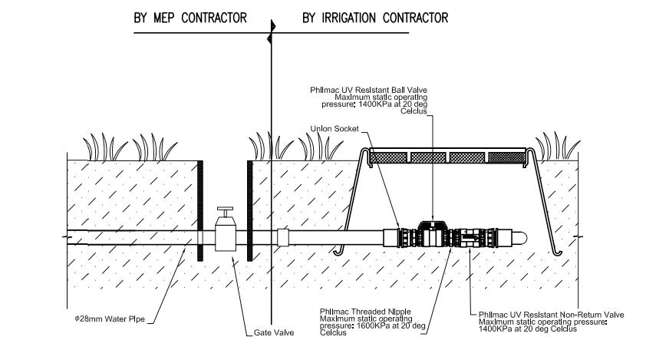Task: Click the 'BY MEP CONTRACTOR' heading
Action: [190, 18]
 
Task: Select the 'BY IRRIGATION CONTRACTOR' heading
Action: [375, 18]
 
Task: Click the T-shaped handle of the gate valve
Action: [225, 210]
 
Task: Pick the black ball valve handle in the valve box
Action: [432, 225]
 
